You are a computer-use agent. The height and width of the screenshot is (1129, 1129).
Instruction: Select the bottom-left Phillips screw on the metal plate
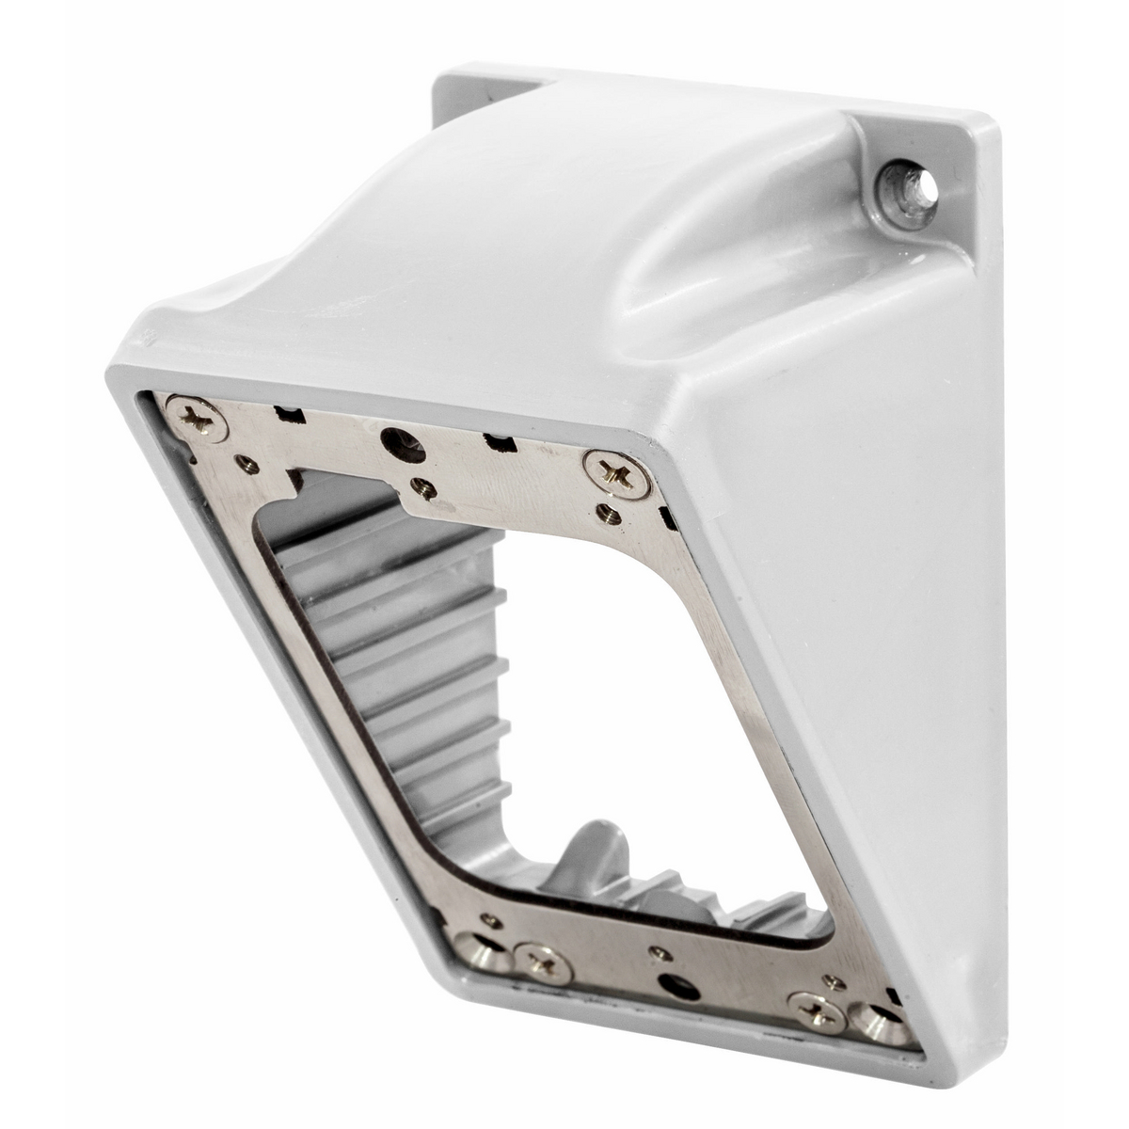pos(543,960)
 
